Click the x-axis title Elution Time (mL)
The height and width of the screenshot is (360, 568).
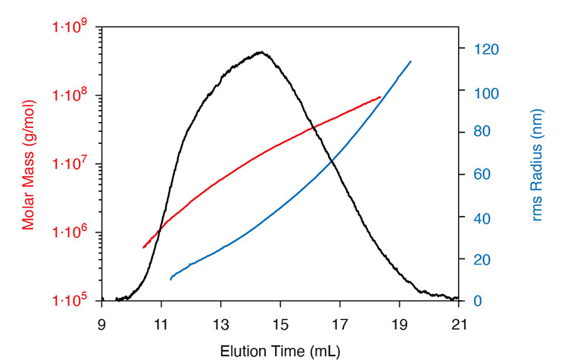point(279,350)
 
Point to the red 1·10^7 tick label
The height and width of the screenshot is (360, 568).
point(70,164)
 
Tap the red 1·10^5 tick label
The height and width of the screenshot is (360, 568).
point(70,301)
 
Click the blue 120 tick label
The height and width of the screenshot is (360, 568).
point(484,50)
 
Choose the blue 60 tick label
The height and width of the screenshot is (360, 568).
point(481,175)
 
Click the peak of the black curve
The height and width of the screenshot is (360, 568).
point(261,52)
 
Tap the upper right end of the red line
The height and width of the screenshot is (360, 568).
point(380,97)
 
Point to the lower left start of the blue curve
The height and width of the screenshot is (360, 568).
point(171,280)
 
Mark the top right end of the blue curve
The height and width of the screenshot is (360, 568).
point(410,61)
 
